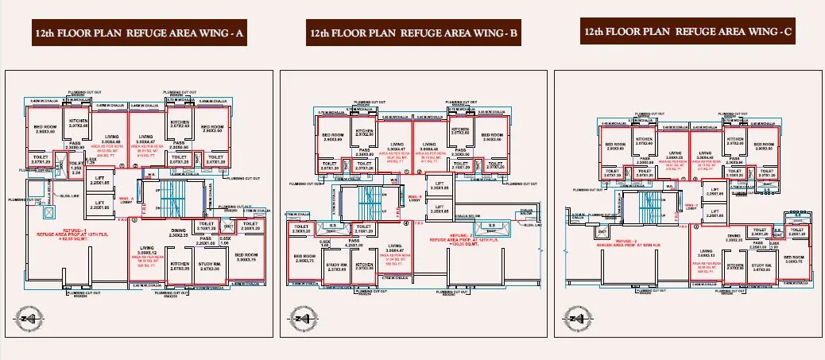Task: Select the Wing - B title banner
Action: coord(414,34)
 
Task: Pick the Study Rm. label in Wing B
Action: coord(336,267)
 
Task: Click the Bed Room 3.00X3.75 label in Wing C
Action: coord(796,259)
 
